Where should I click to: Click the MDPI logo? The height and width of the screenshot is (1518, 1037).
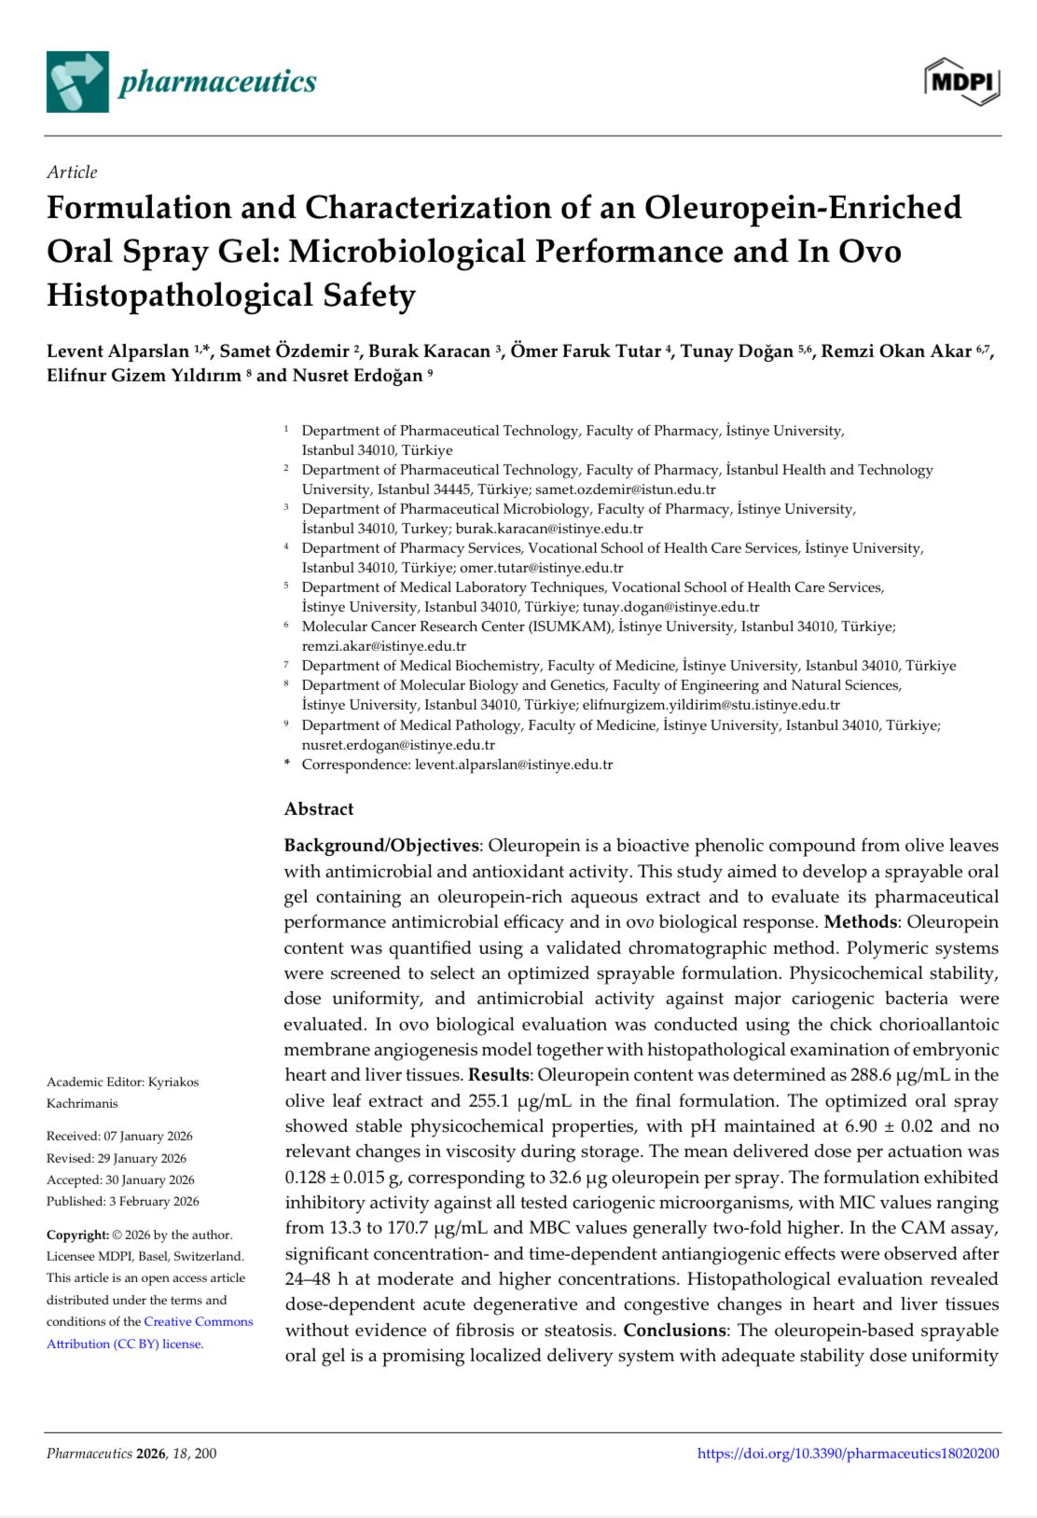[962, 81]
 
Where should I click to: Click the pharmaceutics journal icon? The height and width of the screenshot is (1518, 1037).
[77, 82]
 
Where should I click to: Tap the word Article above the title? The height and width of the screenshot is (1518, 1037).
[72, 172]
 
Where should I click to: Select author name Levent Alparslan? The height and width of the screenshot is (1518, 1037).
[118, 352]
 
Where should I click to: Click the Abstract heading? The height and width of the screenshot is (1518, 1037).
[319, 808]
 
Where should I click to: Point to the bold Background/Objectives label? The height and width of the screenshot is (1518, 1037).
[381, 846]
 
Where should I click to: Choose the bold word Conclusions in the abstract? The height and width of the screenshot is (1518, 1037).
[674, 1330]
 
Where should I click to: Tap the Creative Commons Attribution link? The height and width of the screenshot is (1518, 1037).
[149, 1332]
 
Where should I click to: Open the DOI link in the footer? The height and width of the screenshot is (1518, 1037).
[848, 1453]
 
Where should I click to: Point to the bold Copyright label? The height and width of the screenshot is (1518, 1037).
[77, 1235]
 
